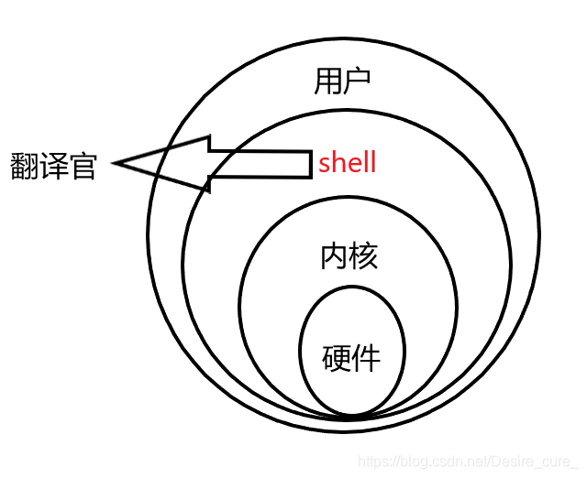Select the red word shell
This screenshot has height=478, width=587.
[348, 164]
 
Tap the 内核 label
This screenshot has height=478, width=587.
[349, 256]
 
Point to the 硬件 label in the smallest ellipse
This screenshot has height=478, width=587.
[351, 357]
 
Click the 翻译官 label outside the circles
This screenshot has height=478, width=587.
[53, 166]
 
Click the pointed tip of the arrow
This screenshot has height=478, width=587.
[116, 165]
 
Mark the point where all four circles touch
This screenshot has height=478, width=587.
[352, 417]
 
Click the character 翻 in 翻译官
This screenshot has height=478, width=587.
[25, 166]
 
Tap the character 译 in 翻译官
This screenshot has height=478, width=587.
[53, 166]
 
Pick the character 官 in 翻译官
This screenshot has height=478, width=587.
[83, 166]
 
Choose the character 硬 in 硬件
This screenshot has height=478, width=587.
[337, 357]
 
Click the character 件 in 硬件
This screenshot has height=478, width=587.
[366, 357]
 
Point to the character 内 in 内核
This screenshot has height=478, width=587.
[334, 256]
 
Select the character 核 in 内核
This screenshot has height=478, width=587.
[363, 256]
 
